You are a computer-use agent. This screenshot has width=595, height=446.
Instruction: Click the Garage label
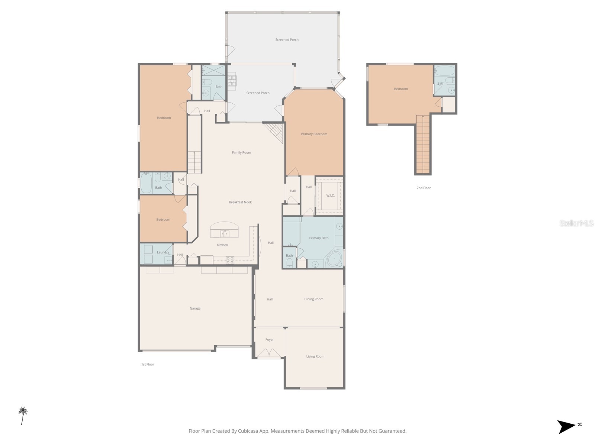click(195, 308)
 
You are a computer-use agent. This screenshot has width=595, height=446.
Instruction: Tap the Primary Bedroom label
click(314, 134)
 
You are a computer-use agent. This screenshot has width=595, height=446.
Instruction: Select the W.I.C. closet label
click(330, 195)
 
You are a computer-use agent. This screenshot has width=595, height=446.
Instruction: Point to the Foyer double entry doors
click(269, 353)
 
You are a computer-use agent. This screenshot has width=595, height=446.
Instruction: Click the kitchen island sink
click(224, 233)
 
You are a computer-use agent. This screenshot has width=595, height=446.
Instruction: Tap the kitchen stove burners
click(230, 260)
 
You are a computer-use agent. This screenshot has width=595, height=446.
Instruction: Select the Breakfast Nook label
click(240, 202)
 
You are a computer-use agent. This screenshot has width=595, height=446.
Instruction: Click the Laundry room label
click(163, 252)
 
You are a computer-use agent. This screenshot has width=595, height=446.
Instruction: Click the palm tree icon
click(23, 415)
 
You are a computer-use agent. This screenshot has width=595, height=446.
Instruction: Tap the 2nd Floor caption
click(423, 188)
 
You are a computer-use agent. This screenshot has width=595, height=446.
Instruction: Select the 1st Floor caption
click(147, 364)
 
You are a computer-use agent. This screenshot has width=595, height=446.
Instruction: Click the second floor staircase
click(423, 145)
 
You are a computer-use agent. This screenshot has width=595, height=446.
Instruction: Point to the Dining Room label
click(313, 299)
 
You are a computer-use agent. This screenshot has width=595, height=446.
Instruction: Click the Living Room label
click(315, 356)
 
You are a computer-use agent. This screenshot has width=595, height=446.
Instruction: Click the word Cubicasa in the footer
click(243, 431)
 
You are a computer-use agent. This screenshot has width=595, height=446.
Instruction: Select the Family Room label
click(241, 152)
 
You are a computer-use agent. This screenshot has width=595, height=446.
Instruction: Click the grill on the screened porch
click(232, 80)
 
